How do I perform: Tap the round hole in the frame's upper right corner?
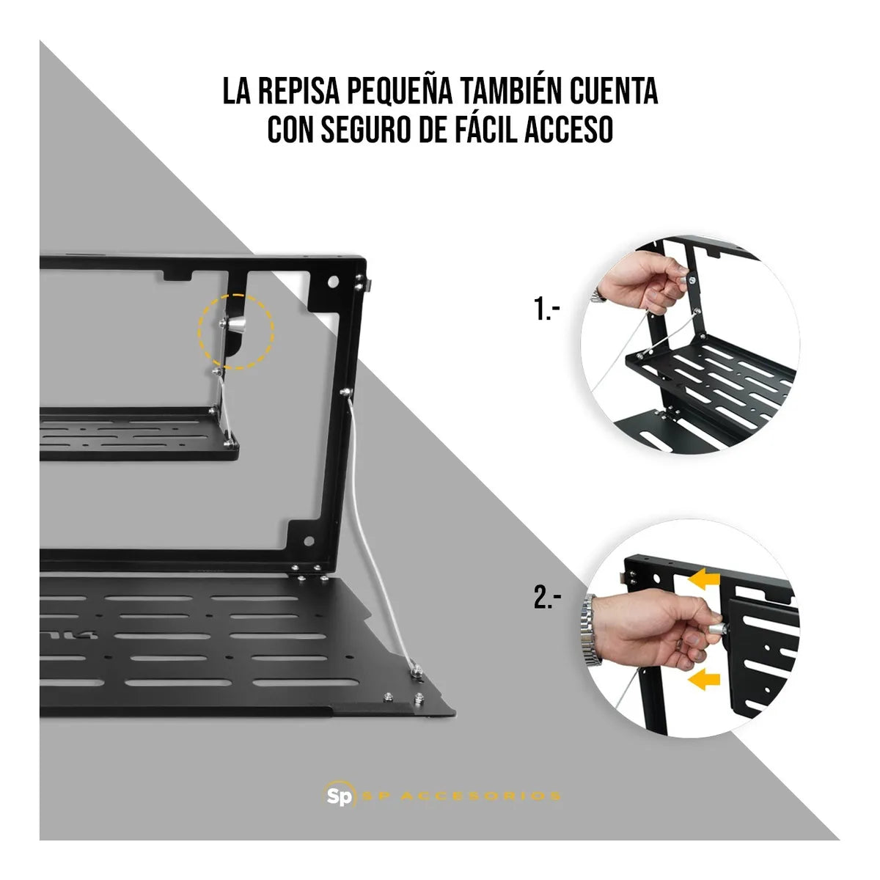(x=334, y=282)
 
